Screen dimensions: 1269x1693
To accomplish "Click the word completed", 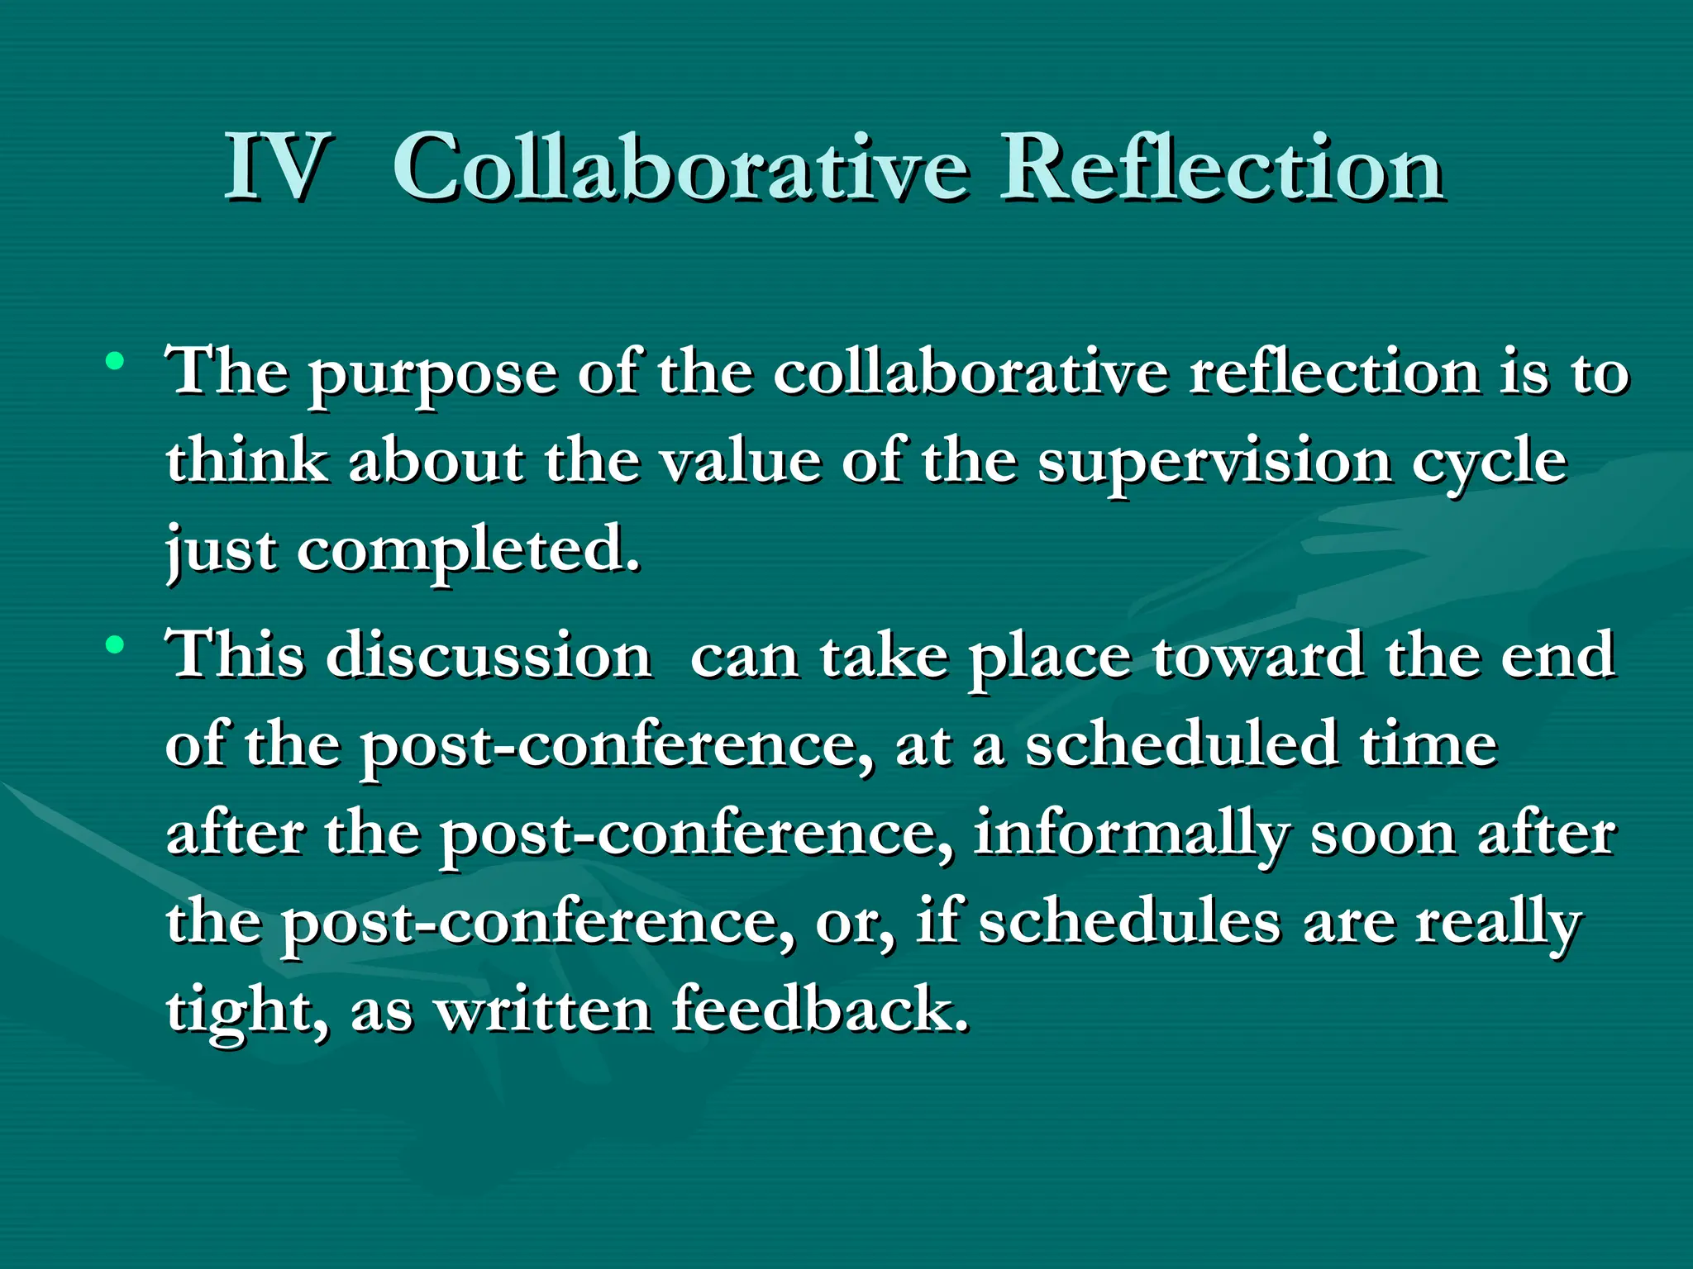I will pyautogui.click(x=468, y=552).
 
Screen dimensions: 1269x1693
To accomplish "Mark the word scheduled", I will pyautogui.click(x=1182, y=744).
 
